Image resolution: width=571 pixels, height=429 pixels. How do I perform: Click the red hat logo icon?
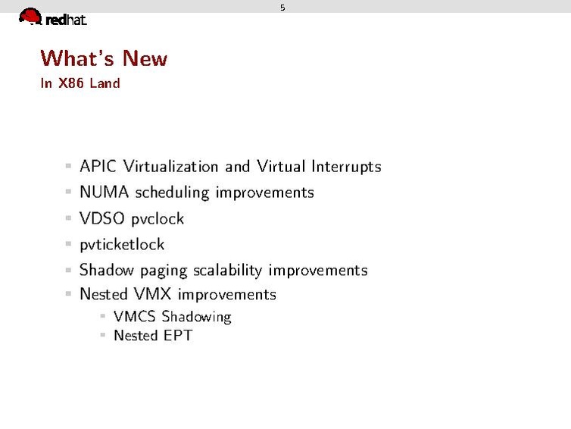tap(30, 16)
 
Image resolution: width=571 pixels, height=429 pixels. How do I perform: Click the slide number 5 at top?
tap(282, 8)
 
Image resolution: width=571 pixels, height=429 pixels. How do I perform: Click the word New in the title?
tap(145, 58)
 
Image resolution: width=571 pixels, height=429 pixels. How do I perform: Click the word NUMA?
tap(105, 193)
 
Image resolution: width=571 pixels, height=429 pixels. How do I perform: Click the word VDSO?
tap(103, 218)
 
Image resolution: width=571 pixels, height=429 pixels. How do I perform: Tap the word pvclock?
tap(158, 219)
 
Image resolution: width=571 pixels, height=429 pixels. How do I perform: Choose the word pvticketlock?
tap(122, 245)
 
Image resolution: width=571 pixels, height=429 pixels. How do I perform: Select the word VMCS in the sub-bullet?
tap(135, 317)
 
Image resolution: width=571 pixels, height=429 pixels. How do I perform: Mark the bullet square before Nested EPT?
tap(102, 334)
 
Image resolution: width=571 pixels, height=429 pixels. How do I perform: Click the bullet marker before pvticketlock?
tap(68, 244)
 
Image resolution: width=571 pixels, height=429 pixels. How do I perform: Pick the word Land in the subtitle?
tap(105, 83)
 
